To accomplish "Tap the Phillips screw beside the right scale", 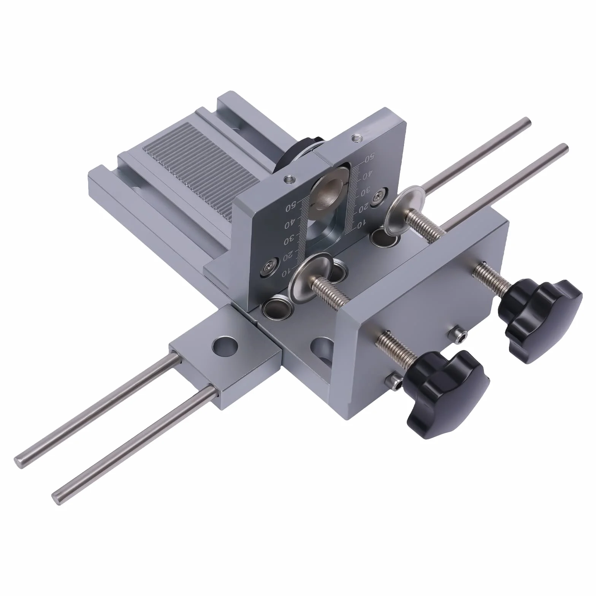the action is pyautogui.click(x=378, y=196).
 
